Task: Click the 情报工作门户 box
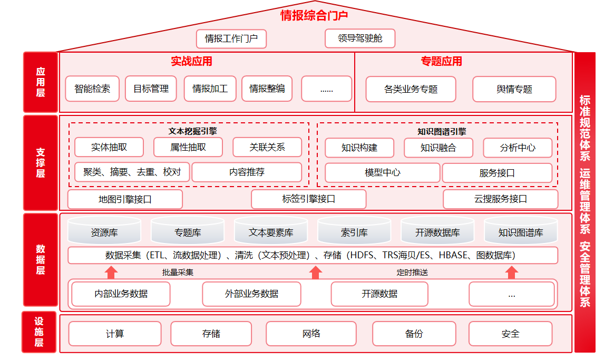click(231, 38)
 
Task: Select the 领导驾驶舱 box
click(360, 38)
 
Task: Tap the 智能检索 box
click(92, 89)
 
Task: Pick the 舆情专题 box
click(514, 89)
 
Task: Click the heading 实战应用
click(191, 61)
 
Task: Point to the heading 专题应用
click(441, 61)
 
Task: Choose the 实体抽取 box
click(109, 147)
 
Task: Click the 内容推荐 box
click(247, 172)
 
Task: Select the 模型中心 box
click(382, 172)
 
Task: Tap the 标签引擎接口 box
click(308, 199)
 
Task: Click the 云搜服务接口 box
click(501, 199)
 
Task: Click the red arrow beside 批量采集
click(111, 273)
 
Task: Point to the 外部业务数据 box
click(251, 294)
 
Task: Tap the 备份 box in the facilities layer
click(414, 333)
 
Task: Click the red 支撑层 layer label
click(41, 162)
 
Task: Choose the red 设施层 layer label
click(39, 332)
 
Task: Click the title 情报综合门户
click(314, 15)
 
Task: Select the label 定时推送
click(412, 273)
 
